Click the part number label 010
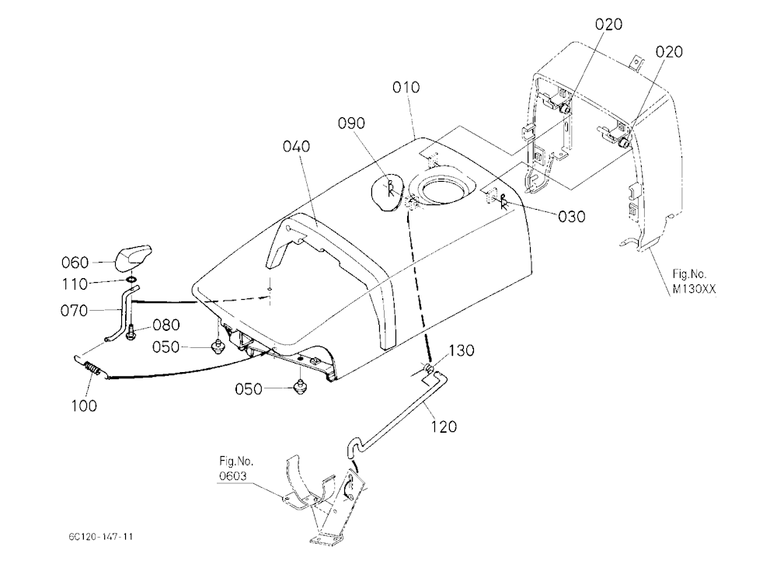pyautogui.click(x=406, y=87)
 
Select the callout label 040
pyautogui.click(x=296, y=146)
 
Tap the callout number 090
pyautogui.click(x=351, y=123)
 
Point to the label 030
pyautogui.click(x=571, y=217)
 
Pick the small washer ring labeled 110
pyautogui.click(x=132, y=280)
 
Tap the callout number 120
pyautogui.click(x=443, y=426)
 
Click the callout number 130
pyautogui.click(x=462, y=350)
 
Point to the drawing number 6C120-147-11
pyautogui.click(x=101, y=537)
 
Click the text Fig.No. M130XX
pyautogui.click(x=694, y=281)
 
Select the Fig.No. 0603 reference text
pyautogui.click(x=236, y=468)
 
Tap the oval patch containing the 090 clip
pyautogui.click(x=389, y=193)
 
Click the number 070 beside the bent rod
pyautogui.click(x=74, y=311)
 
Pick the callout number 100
pyautogui.click(x=84, y=406)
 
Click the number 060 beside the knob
pyautogui.click(x=75, y=263)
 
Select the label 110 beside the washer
pyautogui.click(x=75, y=284)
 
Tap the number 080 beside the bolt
pyautogui.click(x=166, y=326)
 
